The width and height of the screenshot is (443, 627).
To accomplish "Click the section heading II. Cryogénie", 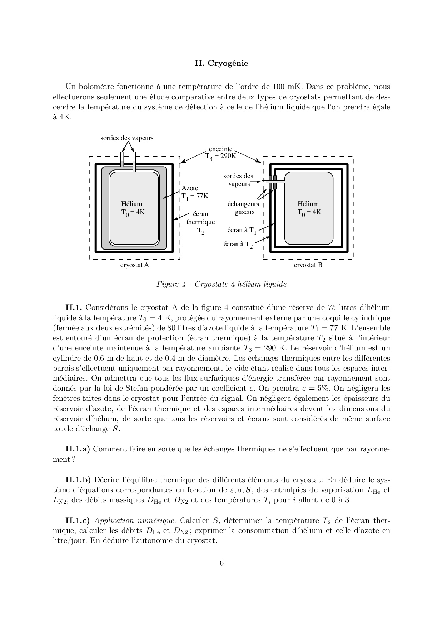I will [221, 63].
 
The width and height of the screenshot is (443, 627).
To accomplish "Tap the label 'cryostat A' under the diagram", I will [134, 265].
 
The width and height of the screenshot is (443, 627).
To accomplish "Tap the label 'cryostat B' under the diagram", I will [308, 265].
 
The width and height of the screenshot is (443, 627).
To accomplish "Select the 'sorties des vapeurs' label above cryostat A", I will [127, 138].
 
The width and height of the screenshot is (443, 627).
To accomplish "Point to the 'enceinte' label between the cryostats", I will [220, 149].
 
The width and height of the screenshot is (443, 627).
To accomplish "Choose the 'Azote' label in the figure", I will [190, 188].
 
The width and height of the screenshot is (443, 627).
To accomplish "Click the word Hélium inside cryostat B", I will [308, 204].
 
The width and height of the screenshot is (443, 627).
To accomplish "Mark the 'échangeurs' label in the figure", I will [243, 204].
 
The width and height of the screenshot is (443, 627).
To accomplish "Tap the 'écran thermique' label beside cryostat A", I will [200, 218].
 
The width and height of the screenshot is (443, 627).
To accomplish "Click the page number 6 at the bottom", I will [221, 563].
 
